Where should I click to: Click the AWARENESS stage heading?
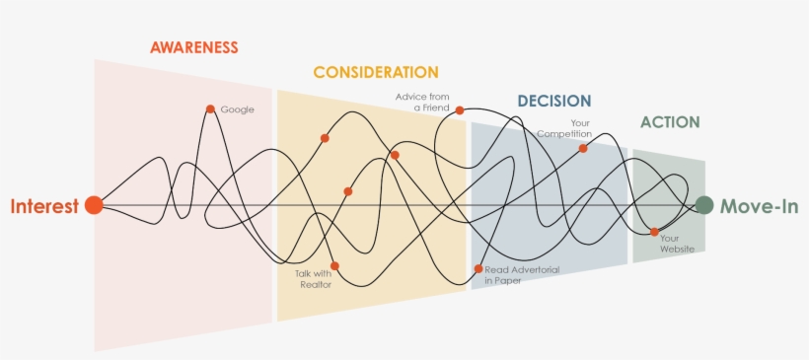(x=194, y=46)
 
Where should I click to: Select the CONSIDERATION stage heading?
(x=376, y=72)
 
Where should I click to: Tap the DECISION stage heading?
(x=554, y=101)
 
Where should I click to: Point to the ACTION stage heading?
(x=670, y=122)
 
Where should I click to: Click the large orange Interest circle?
(x=94, y=205)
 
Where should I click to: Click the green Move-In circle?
(x=703, y=205)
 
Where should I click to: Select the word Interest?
(x=44, y=206)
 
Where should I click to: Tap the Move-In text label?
(x=759, y=206)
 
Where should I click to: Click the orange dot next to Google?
(x=210, y=109)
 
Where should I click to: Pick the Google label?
(x=238, y=109)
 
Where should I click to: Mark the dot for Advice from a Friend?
(x=460, y=110)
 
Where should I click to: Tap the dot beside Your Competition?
(x=583, y=148)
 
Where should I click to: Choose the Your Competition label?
(x=565, y=128)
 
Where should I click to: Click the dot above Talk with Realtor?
(x=335, y=265)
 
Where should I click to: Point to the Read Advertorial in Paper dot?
(x=478, y=268)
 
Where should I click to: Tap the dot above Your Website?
(x=654, y=232)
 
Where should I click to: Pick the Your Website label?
(x=677, y=244)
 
